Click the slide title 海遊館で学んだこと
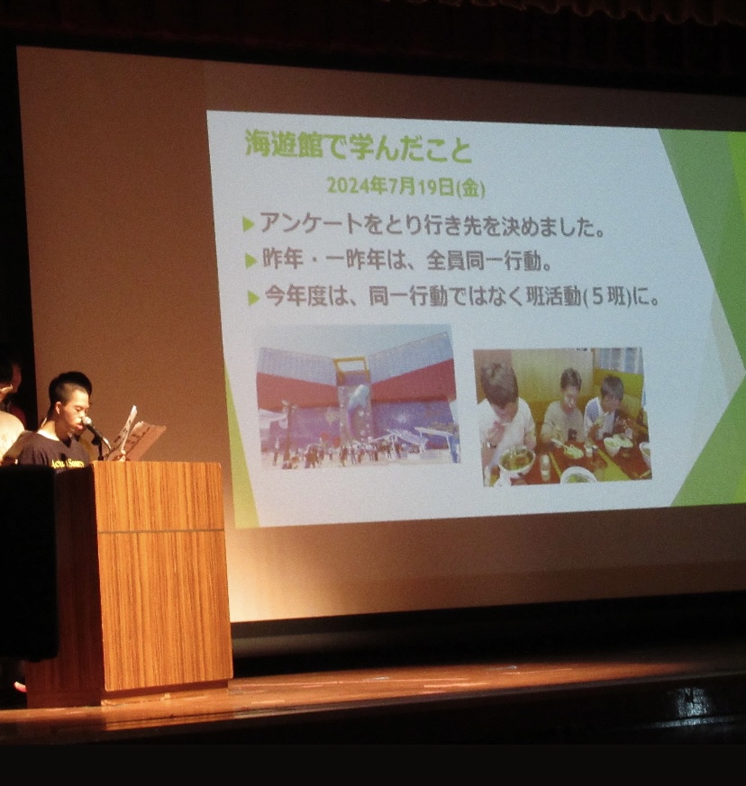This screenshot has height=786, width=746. [x=359, y=146]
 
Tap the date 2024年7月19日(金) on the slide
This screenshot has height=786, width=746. [x=405, y=187]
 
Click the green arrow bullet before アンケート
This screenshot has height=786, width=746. [x=249, y=224]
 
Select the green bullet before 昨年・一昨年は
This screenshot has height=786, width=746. [x=250, y=261]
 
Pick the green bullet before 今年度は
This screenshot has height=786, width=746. [x=253, y=298]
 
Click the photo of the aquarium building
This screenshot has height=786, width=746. [x=359, y=397]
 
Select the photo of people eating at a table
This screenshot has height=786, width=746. [x=562, y=416]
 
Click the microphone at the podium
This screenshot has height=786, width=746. [x=95, y=430]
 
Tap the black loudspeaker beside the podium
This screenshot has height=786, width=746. [x=28, y=562]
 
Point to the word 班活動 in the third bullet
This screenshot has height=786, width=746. [x=553, y=297]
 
